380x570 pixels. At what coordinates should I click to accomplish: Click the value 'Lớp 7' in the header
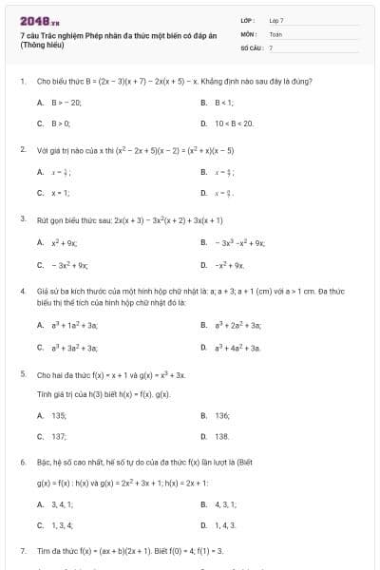[275, 20]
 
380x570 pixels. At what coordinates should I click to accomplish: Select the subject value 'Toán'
[275, 33]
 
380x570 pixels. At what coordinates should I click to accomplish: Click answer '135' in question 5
[59, 415]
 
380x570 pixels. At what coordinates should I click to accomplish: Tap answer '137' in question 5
[59, 436]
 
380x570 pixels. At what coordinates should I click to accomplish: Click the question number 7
[22, 551]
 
